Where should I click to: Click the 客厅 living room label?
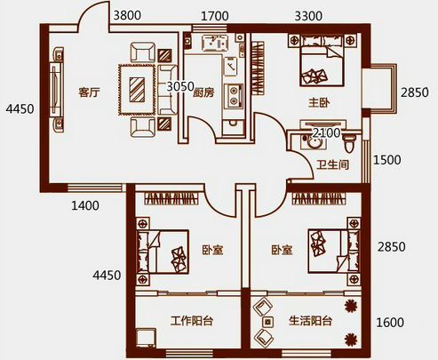(89, 92)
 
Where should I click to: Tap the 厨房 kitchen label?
(203, 92)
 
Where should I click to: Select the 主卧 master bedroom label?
(319, 103)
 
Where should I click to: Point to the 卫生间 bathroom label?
(333, 164)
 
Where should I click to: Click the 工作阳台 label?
(192, 321)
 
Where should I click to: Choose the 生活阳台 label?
(310, 321)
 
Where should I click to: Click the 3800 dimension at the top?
(127, 15)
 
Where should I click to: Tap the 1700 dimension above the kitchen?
(215, 16)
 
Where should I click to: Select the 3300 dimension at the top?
(308, 16)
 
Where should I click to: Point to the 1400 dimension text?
(85, 205)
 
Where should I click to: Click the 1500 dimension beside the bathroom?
(387, 160)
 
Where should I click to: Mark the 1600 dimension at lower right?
(390, 323)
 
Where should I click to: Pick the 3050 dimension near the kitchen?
(180, 86)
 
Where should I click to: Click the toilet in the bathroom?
(349, 142)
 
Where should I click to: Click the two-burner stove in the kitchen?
(234, 96)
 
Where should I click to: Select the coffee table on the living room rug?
(137, 90)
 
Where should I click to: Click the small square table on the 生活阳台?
(268, 322)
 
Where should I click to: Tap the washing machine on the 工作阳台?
(147, 338)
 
